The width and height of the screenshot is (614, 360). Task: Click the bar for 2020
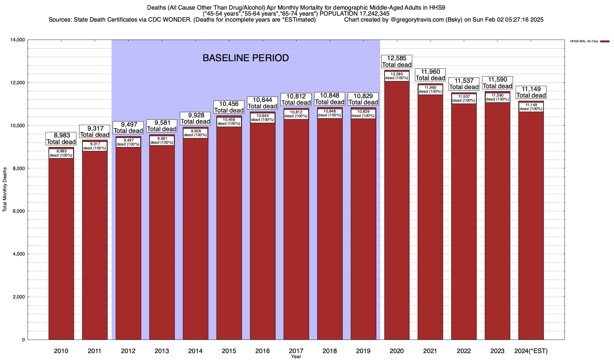pos(397,210)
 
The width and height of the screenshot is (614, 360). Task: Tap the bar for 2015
pos(229,234)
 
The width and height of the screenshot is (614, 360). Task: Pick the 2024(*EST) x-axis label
pos(531,351)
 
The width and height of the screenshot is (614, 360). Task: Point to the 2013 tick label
pos(162,351)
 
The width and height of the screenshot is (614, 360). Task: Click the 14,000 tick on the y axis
pos(18,40)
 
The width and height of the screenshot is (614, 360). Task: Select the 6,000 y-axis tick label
pos(19,211)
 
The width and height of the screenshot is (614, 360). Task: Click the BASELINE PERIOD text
pos(246,58)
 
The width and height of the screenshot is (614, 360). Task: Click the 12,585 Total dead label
pos(397,61)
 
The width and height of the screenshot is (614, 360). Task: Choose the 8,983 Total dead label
pos(61,139)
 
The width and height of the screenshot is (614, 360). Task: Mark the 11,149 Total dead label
pos(531,92)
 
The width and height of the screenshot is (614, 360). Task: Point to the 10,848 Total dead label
pos(329,99)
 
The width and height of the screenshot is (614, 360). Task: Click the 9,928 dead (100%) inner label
pos(195,133)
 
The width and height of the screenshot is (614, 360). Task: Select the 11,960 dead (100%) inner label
pos(430,89)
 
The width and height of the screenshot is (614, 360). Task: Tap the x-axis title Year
pos(296,357)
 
